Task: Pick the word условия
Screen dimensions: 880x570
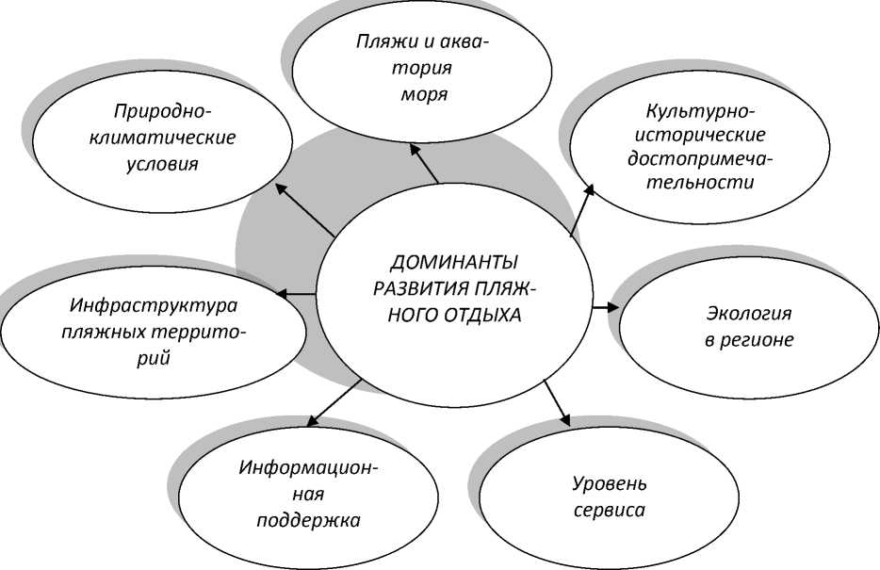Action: [162, 164]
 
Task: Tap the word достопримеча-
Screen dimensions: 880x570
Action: [693, 158]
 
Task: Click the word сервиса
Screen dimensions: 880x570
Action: [611, 512]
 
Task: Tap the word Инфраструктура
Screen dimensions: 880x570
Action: [153, 306]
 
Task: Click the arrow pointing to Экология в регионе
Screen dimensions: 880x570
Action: [605, 306]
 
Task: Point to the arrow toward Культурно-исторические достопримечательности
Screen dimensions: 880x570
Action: [582, 208]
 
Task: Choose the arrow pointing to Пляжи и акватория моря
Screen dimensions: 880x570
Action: [425, 159]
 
